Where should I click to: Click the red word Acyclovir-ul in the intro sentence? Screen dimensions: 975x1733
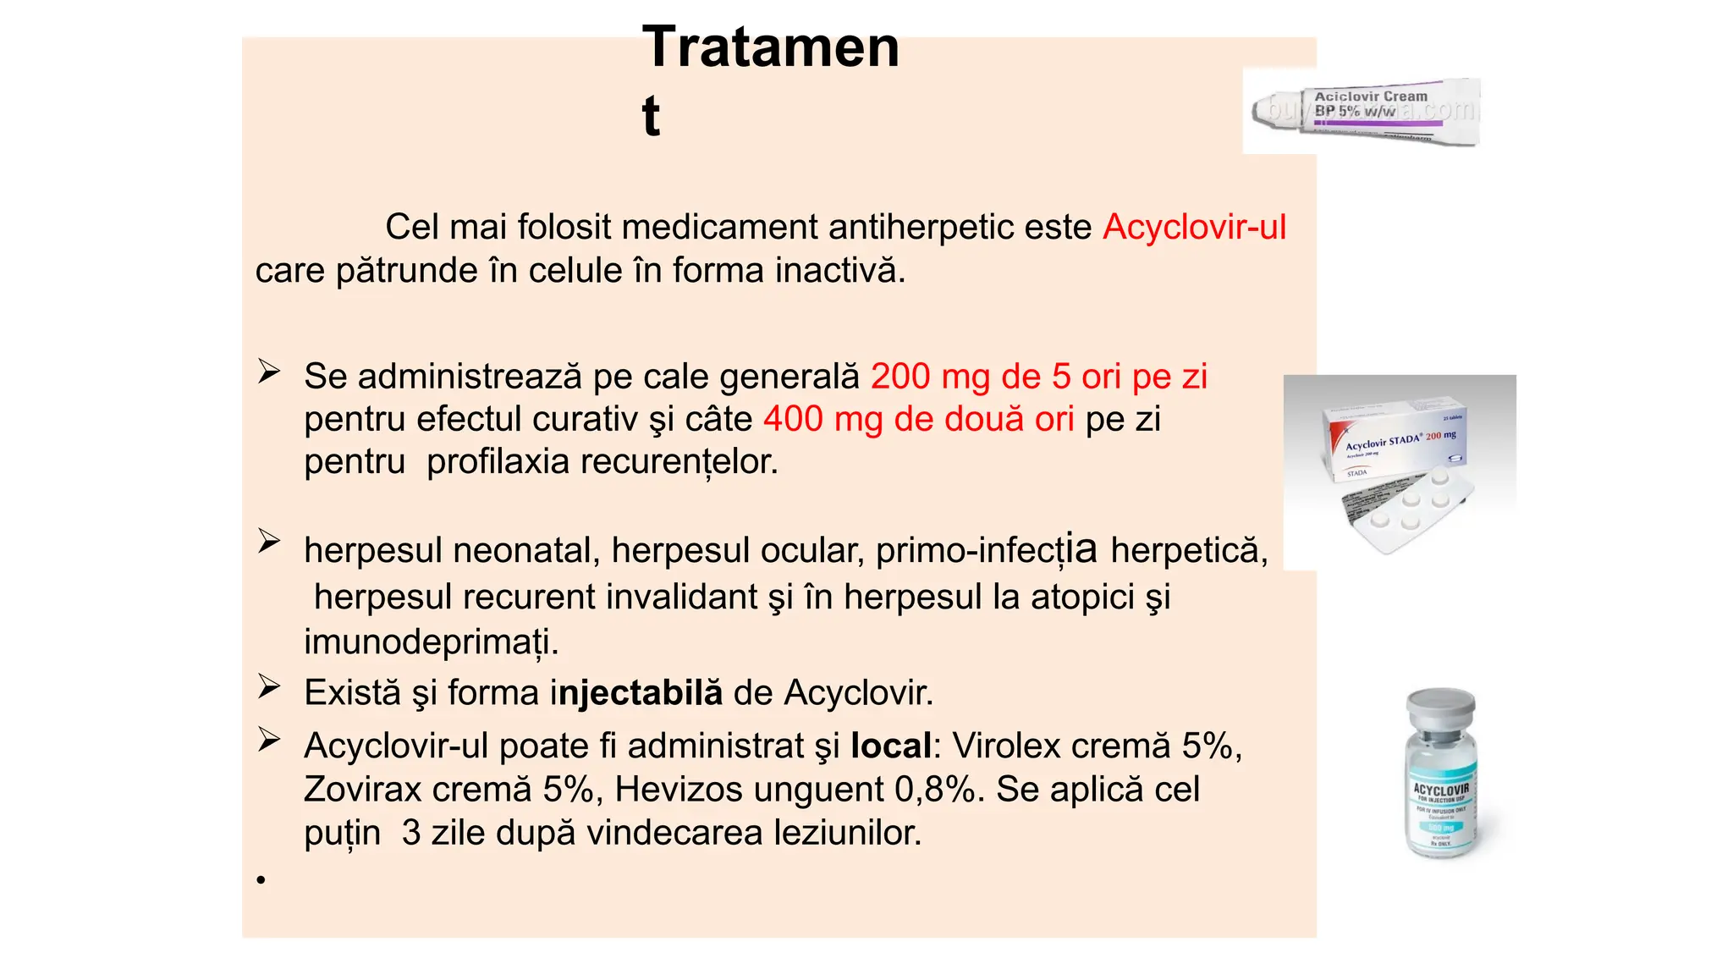1194,227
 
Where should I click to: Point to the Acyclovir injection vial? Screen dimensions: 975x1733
1440,774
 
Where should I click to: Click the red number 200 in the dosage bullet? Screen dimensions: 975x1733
900,377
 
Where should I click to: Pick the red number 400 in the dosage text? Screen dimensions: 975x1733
793,419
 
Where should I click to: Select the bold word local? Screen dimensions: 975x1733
890,746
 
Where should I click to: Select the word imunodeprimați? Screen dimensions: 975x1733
431,642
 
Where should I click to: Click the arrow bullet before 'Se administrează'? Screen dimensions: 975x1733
269,372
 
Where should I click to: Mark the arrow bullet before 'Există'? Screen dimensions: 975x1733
269,686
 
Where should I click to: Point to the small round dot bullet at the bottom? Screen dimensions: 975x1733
261,880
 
